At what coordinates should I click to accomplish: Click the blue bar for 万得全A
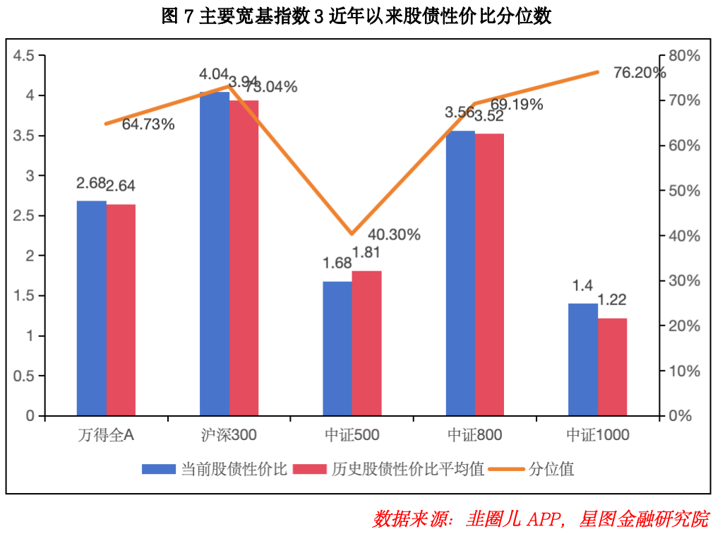[x=91, y=309]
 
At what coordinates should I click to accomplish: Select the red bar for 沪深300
[x=244, y=258]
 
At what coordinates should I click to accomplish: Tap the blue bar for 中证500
[x=337, y=349]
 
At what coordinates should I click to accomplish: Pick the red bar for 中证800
[x=489, y=275]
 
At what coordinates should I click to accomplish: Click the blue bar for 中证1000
[x=583, y=360]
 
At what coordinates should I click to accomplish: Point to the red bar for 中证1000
[x=612, y=367]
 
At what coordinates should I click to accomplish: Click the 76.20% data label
[x=640, y=73]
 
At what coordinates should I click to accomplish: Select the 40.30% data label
[x=394, y=235]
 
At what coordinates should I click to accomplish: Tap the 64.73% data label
[x=148, y=124]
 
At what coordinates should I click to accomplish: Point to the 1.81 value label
[x=366, y=252]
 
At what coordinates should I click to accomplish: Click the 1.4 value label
[x=582, y=286]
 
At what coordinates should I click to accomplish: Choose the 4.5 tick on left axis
[x=24, y=56]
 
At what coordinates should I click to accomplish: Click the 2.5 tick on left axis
[x=24, y=215]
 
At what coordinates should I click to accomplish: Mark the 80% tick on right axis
[x=684, y=56]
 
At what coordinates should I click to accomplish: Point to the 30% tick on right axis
[x=684, y=281]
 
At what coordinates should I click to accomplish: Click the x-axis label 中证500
[x=352, y=434]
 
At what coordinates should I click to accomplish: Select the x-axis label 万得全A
[x=106, y=434]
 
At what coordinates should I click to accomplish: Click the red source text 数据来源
[x=409, y=519]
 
